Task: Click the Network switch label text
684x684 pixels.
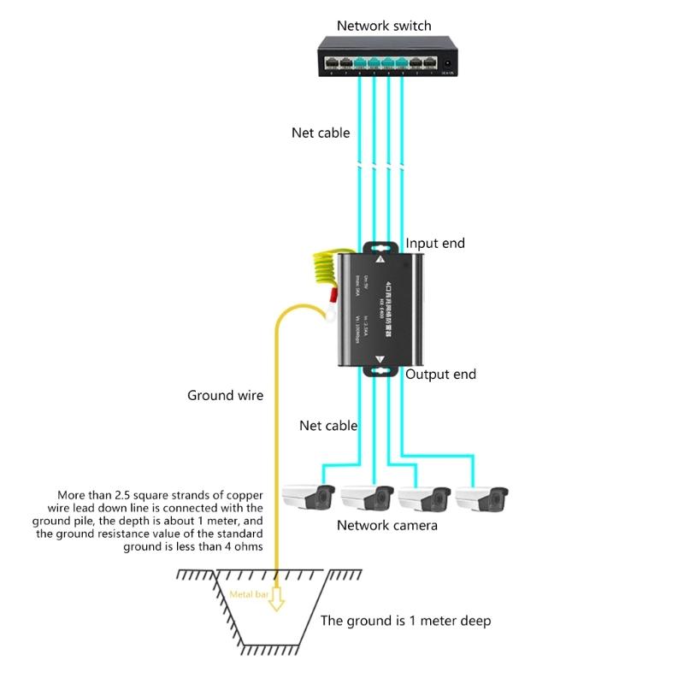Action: tap(383, 26)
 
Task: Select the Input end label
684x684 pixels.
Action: tap(434, 244)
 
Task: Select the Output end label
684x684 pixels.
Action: tap(440, 374)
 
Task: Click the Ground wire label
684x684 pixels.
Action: tap(225, 395)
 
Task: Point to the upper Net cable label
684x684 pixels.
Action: tap(321, 133)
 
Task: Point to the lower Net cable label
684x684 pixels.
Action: tap(328, 425)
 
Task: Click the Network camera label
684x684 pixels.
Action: tap(386, 525)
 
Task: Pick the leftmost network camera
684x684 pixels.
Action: tap(308, 498)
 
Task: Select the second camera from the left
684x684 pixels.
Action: tap(366, 498)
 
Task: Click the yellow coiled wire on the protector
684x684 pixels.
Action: tap(326, 274)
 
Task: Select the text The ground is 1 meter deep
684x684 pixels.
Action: tap(405, 621)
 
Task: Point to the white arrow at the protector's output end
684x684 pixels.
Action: tap(380, 361)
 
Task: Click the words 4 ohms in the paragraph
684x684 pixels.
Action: tap(243, 547)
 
